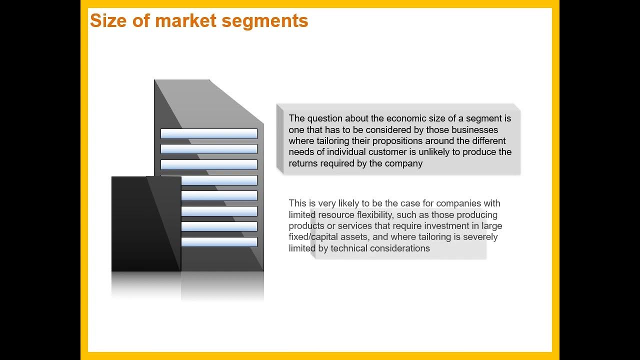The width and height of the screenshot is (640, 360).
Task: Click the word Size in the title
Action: point(108,21)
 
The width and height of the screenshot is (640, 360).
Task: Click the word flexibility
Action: point(375,215)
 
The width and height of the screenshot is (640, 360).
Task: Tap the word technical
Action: point(349,248)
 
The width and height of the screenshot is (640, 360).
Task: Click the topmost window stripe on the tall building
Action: point(209,133)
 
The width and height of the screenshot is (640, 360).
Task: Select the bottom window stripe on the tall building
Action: point(219,242)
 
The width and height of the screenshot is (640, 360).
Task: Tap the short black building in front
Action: point(146,224)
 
